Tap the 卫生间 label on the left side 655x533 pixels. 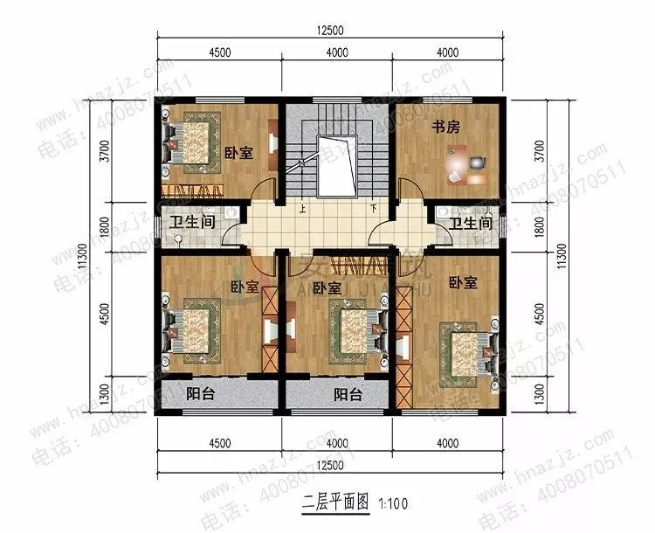click(x=192, y=223)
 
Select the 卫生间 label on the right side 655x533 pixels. click(x=471, y=224)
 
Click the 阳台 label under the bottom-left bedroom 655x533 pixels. click(x=201, y=393)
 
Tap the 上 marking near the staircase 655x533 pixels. click(x=302, y=209)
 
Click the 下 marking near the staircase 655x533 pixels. click(x=373, y=209)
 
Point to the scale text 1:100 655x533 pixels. click(x=394, y=503)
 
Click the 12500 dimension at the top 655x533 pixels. click(x=331, y=30)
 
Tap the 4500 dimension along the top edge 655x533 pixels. click(x=219, y=52)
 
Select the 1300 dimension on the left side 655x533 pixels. click(x=105, y=393)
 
